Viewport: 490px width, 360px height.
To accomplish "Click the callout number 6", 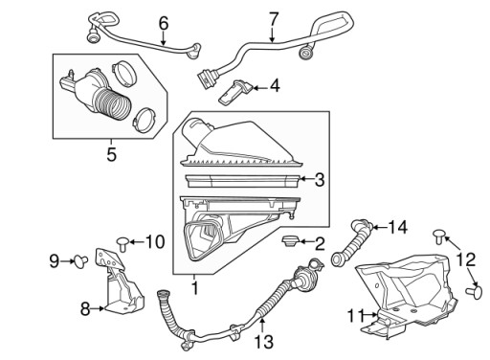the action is point(164,24).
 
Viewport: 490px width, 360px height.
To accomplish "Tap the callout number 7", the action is point(274,19).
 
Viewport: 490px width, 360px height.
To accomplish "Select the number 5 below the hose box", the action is point(111,155).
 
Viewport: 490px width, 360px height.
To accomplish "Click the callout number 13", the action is point(264,342).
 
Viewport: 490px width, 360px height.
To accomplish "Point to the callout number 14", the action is point(398,228).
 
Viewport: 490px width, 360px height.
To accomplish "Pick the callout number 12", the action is point(466,259).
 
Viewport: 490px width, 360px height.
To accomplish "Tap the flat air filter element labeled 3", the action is point(242,181).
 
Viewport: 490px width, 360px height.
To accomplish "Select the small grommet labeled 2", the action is point(290,240).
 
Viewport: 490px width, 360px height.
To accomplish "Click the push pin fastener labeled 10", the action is point(122,243).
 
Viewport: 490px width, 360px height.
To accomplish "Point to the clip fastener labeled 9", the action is point(80,261).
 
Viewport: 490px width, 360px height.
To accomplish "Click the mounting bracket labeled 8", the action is point(121,281).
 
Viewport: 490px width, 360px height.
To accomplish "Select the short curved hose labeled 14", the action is point(351,242).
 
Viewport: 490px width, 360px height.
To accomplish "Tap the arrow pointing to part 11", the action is point(371,315).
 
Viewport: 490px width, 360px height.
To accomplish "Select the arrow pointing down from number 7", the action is point(272,35).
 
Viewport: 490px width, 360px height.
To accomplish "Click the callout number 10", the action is point(155,242).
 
